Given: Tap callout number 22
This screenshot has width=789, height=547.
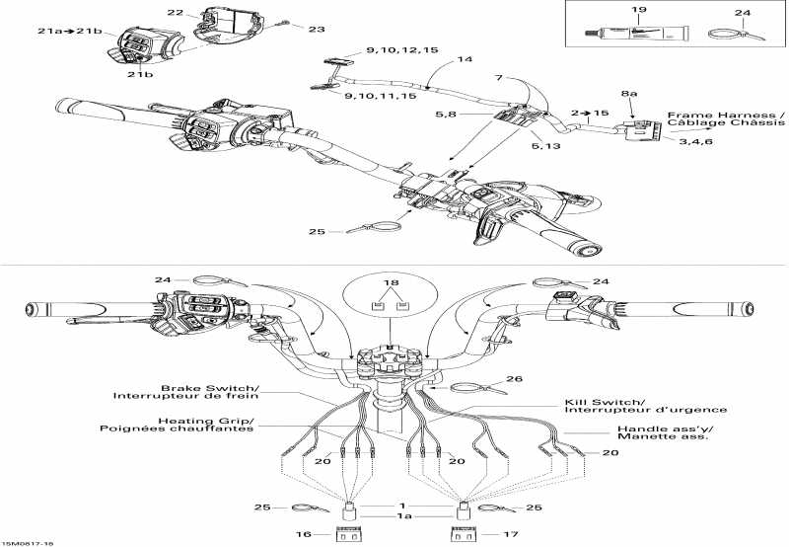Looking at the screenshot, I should coord(175,13).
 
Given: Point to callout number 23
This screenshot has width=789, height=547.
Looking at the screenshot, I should coord(316,30).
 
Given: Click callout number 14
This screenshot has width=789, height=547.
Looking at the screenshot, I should coord(465,60).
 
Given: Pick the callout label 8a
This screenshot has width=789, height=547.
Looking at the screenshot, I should coord(630,93).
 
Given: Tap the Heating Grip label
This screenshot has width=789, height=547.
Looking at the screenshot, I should coord(177,424).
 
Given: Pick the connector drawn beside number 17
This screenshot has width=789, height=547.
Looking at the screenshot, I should coord(462,534).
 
